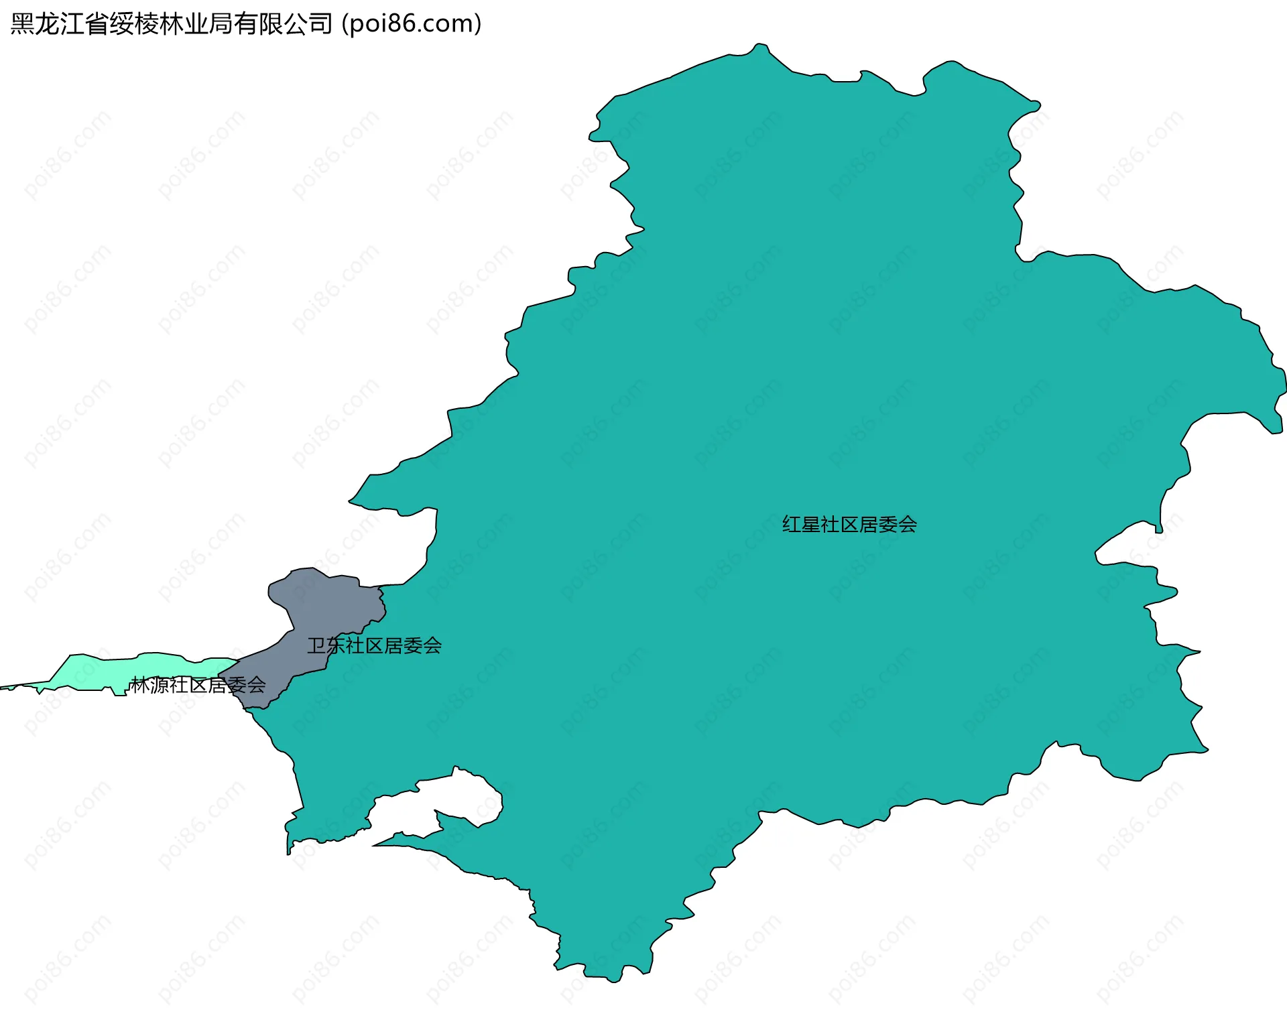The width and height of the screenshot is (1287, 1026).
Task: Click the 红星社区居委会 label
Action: pyautogui.click(x=849, y=524)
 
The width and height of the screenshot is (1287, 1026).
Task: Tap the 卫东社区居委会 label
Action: pyautogui.click(x=374, y=645)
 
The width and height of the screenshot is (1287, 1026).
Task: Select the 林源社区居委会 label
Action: pyautogui.click(x=198, y=685)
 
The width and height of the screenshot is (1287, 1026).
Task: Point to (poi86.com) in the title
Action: pyautogui.click(x=412, y=24)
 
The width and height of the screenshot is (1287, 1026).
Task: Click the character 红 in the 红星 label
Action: pyautogui.click(x=792, y=524)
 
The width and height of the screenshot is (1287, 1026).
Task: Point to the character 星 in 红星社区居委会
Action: pyautogui.click(x=810, y=524)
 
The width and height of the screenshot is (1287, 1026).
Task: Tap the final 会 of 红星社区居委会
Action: pyautogui.click(x=907, y=524)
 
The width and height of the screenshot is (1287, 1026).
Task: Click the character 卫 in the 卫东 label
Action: pyautogui.click(x=316, y=645)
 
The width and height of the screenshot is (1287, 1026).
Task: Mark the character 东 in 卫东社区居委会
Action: pyautogui.click(x=336, y=645)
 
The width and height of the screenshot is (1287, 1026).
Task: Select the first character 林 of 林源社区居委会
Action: pyautogui.click(x=141, y=685)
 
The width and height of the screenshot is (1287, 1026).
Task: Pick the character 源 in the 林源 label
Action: pyautogui.click(x=160, y=685)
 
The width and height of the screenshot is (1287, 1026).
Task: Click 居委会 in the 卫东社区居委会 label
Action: pyautogui.click(x=412, y=645)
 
